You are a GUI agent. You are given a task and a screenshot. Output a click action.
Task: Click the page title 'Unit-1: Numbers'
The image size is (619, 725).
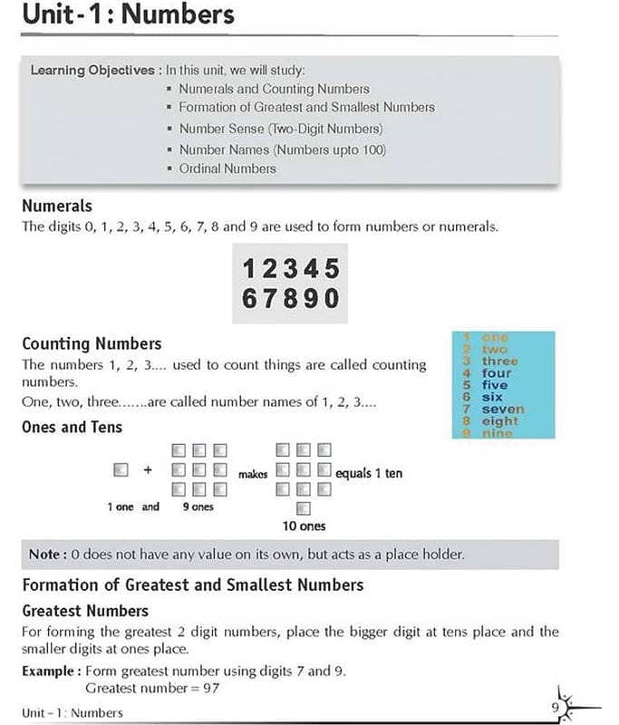(128, 15)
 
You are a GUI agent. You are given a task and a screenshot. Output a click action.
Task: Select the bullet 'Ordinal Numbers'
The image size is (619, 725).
(227, 169)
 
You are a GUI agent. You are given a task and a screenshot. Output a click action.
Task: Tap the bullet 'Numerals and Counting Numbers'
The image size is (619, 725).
(274, 89)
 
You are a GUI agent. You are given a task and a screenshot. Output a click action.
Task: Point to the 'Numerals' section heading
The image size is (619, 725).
(57, 206)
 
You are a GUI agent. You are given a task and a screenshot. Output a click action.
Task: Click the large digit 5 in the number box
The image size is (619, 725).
(331, 269)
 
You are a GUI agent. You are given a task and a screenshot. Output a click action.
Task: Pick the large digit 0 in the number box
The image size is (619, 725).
(331, 298)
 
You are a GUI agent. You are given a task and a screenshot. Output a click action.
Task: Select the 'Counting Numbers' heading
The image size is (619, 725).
(92, 343)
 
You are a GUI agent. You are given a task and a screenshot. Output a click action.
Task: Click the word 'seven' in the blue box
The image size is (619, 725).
(503, 410)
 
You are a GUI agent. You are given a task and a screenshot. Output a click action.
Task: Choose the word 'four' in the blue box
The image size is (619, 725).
(497, 373)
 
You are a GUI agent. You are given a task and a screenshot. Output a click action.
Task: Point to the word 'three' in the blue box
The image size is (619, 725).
(500, 361)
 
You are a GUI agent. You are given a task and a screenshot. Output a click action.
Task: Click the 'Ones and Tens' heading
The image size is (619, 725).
(72, 427)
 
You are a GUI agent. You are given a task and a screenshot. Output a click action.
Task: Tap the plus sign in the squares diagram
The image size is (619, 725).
(147, 470)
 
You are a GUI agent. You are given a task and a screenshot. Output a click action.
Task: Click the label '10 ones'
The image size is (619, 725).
(304, 526)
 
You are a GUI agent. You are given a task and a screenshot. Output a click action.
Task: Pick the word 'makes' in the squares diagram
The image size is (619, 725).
(253, 473)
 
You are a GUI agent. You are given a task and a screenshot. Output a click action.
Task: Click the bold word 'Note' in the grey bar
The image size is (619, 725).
(45, 555)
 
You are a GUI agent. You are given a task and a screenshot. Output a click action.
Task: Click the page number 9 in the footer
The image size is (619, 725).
(554, 706)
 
